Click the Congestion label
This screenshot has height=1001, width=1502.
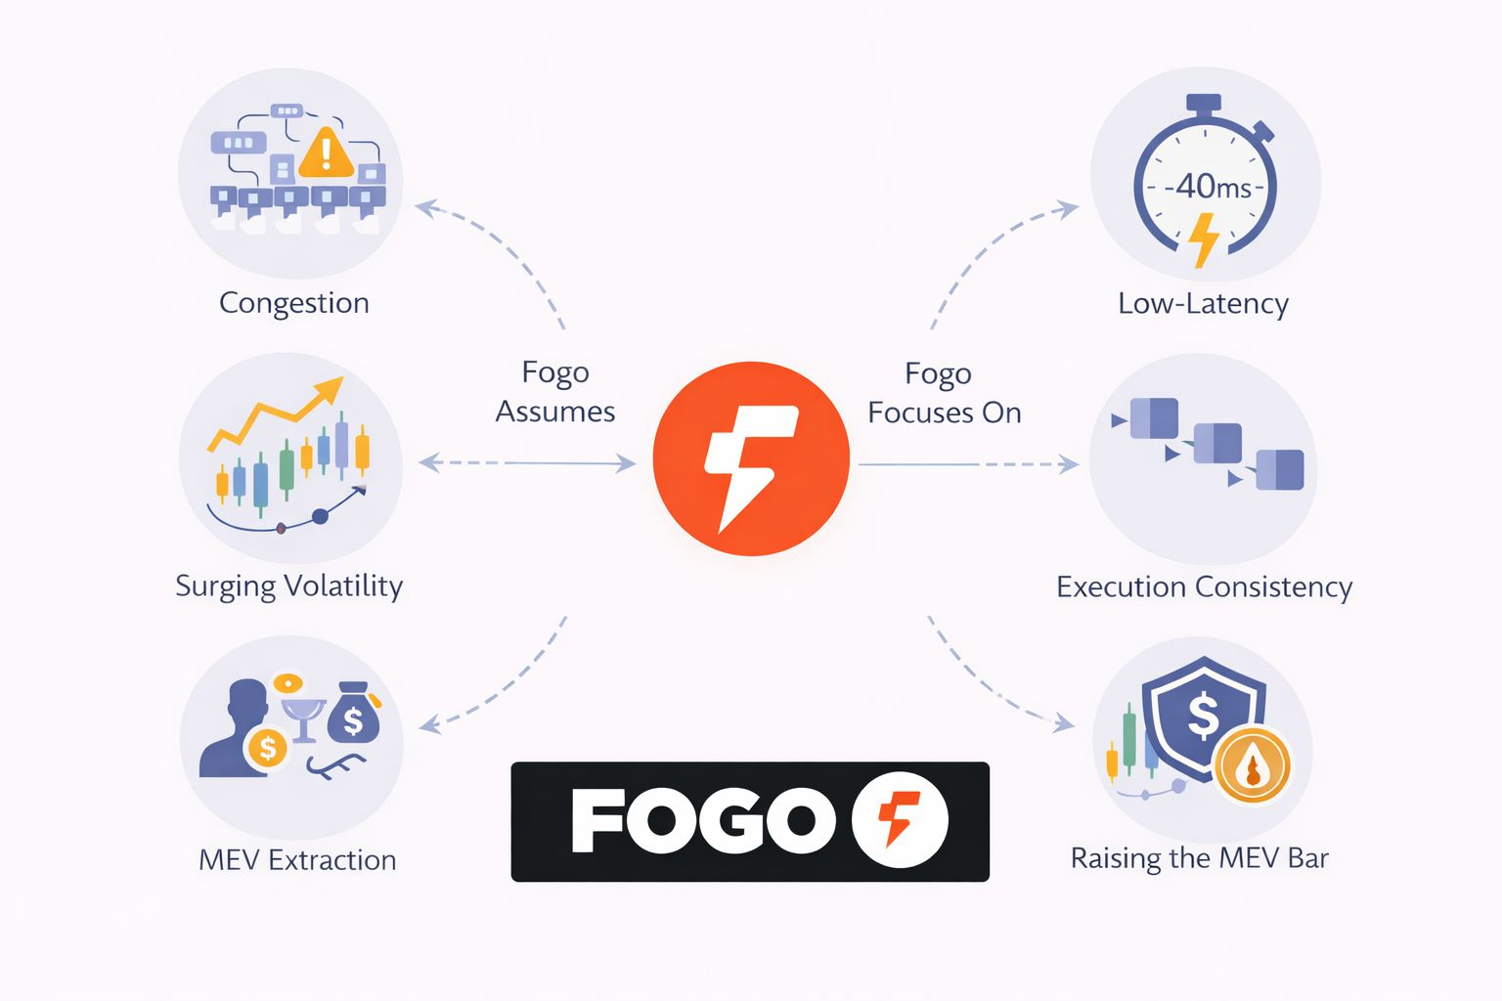[x=294, y=303]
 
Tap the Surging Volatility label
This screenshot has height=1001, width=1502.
[x=288, y=586]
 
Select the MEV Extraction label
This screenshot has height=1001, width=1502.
[x=297, y=860]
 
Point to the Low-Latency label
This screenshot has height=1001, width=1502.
[x=1203, y=304]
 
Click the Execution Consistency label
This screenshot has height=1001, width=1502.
[x=1204, y=587]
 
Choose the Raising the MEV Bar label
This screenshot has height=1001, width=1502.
[x=1199, y=858]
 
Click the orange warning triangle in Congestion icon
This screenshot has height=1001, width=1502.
[x=326, y=153]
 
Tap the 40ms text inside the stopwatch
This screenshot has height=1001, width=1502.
[x=1213, y=186]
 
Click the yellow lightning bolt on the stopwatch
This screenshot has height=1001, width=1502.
[x=1205, y=239]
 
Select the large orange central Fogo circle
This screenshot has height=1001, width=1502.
[x=750, y=458]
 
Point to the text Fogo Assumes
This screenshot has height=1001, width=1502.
[x=555, y=392]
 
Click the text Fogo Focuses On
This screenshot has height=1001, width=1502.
[x=944, y=393]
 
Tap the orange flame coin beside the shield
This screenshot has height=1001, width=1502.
[x=1253, y=765]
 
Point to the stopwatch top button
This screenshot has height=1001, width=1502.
[x=1204, y=102]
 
